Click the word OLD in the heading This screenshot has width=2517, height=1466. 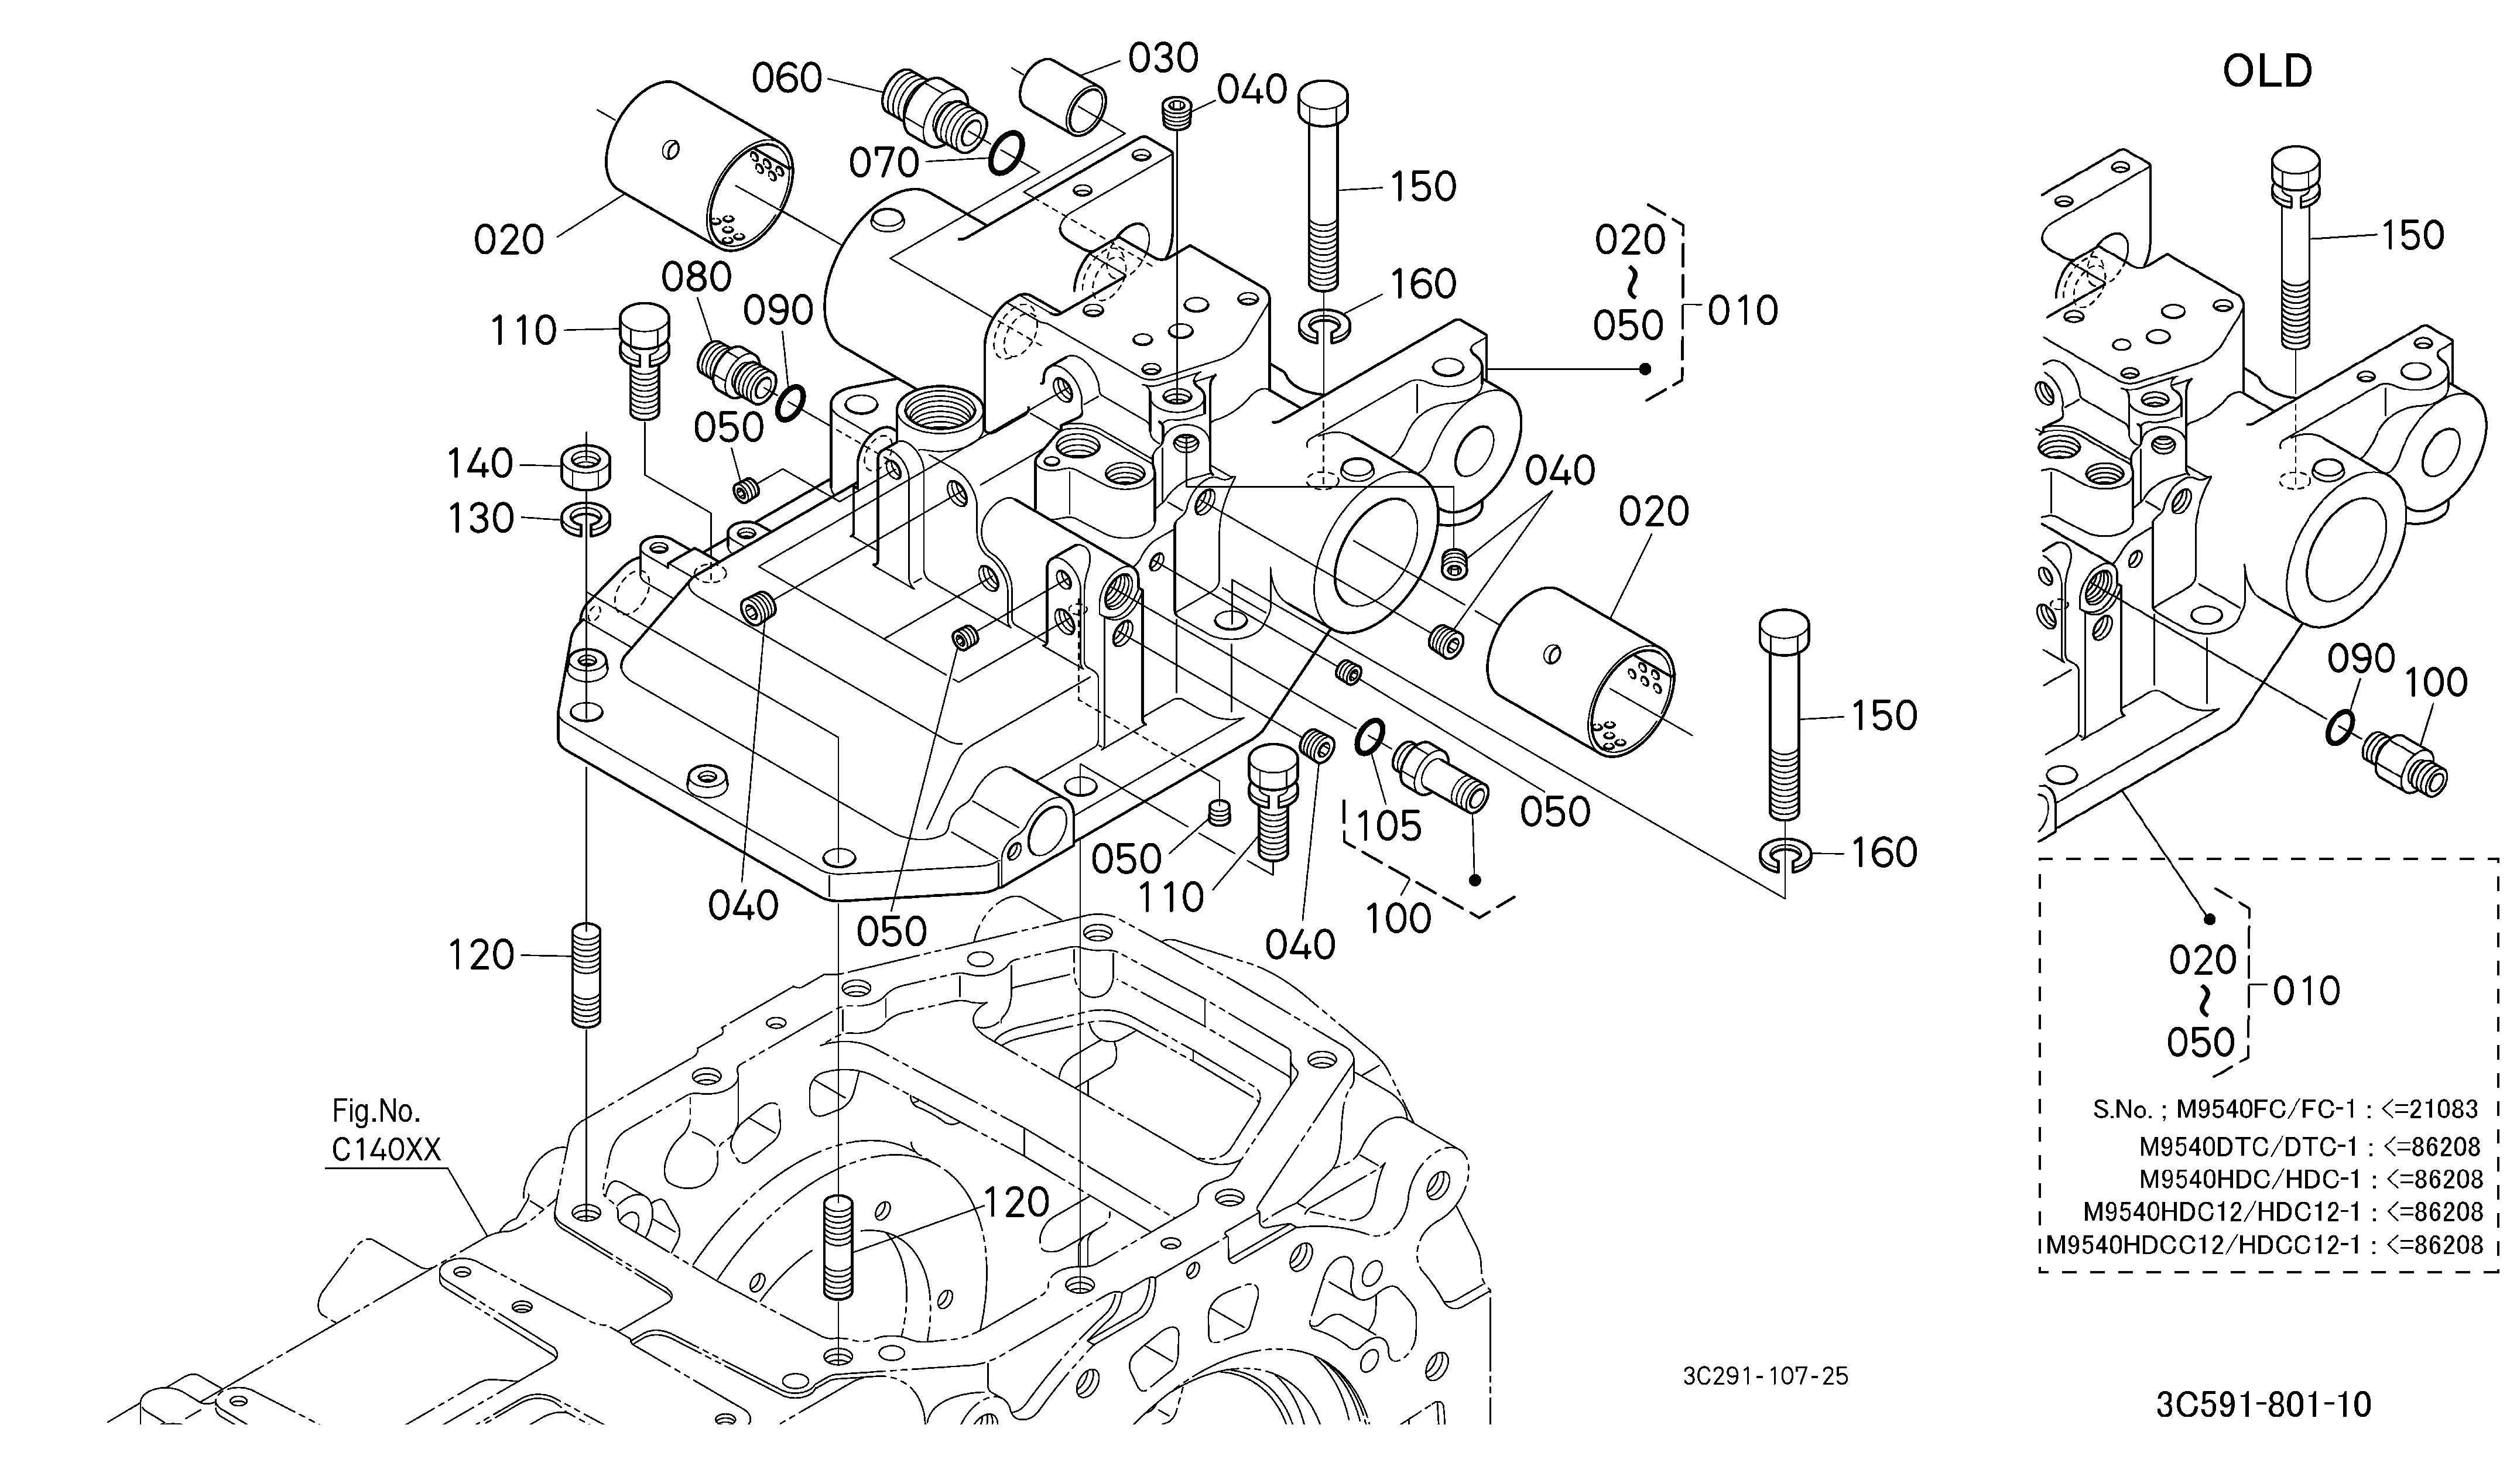2268,71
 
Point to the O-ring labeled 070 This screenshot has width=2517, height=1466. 1007,153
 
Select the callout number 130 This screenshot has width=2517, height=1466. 481,518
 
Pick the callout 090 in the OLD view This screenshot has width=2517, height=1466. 2361,659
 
